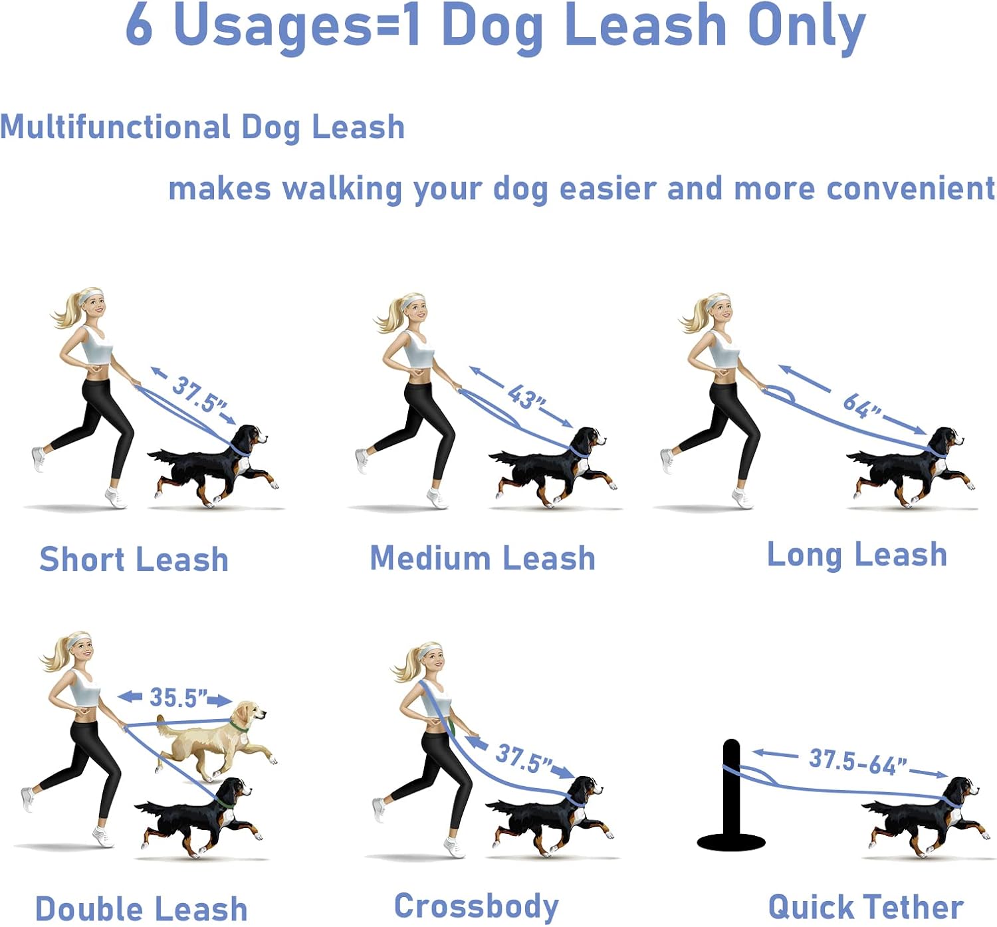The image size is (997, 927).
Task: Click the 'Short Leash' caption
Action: [x=134, y=559]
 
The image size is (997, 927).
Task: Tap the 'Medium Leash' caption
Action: [x=483, y=558]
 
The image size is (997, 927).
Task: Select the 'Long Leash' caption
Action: [x=857, y=554]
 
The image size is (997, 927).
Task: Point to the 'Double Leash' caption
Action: [x=141, y=908]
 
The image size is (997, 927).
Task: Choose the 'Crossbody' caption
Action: [x=477, y=906]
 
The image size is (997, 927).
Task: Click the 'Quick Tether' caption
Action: [x=865, y=906]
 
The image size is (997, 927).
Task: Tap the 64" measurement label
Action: [x=861, y=406]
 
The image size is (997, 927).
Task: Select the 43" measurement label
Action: [x=526, y=397]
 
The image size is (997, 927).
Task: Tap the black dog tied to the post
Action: [x=924, y=817]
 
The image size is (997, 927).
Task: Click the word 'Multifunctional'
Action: [x=114, y=127]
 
